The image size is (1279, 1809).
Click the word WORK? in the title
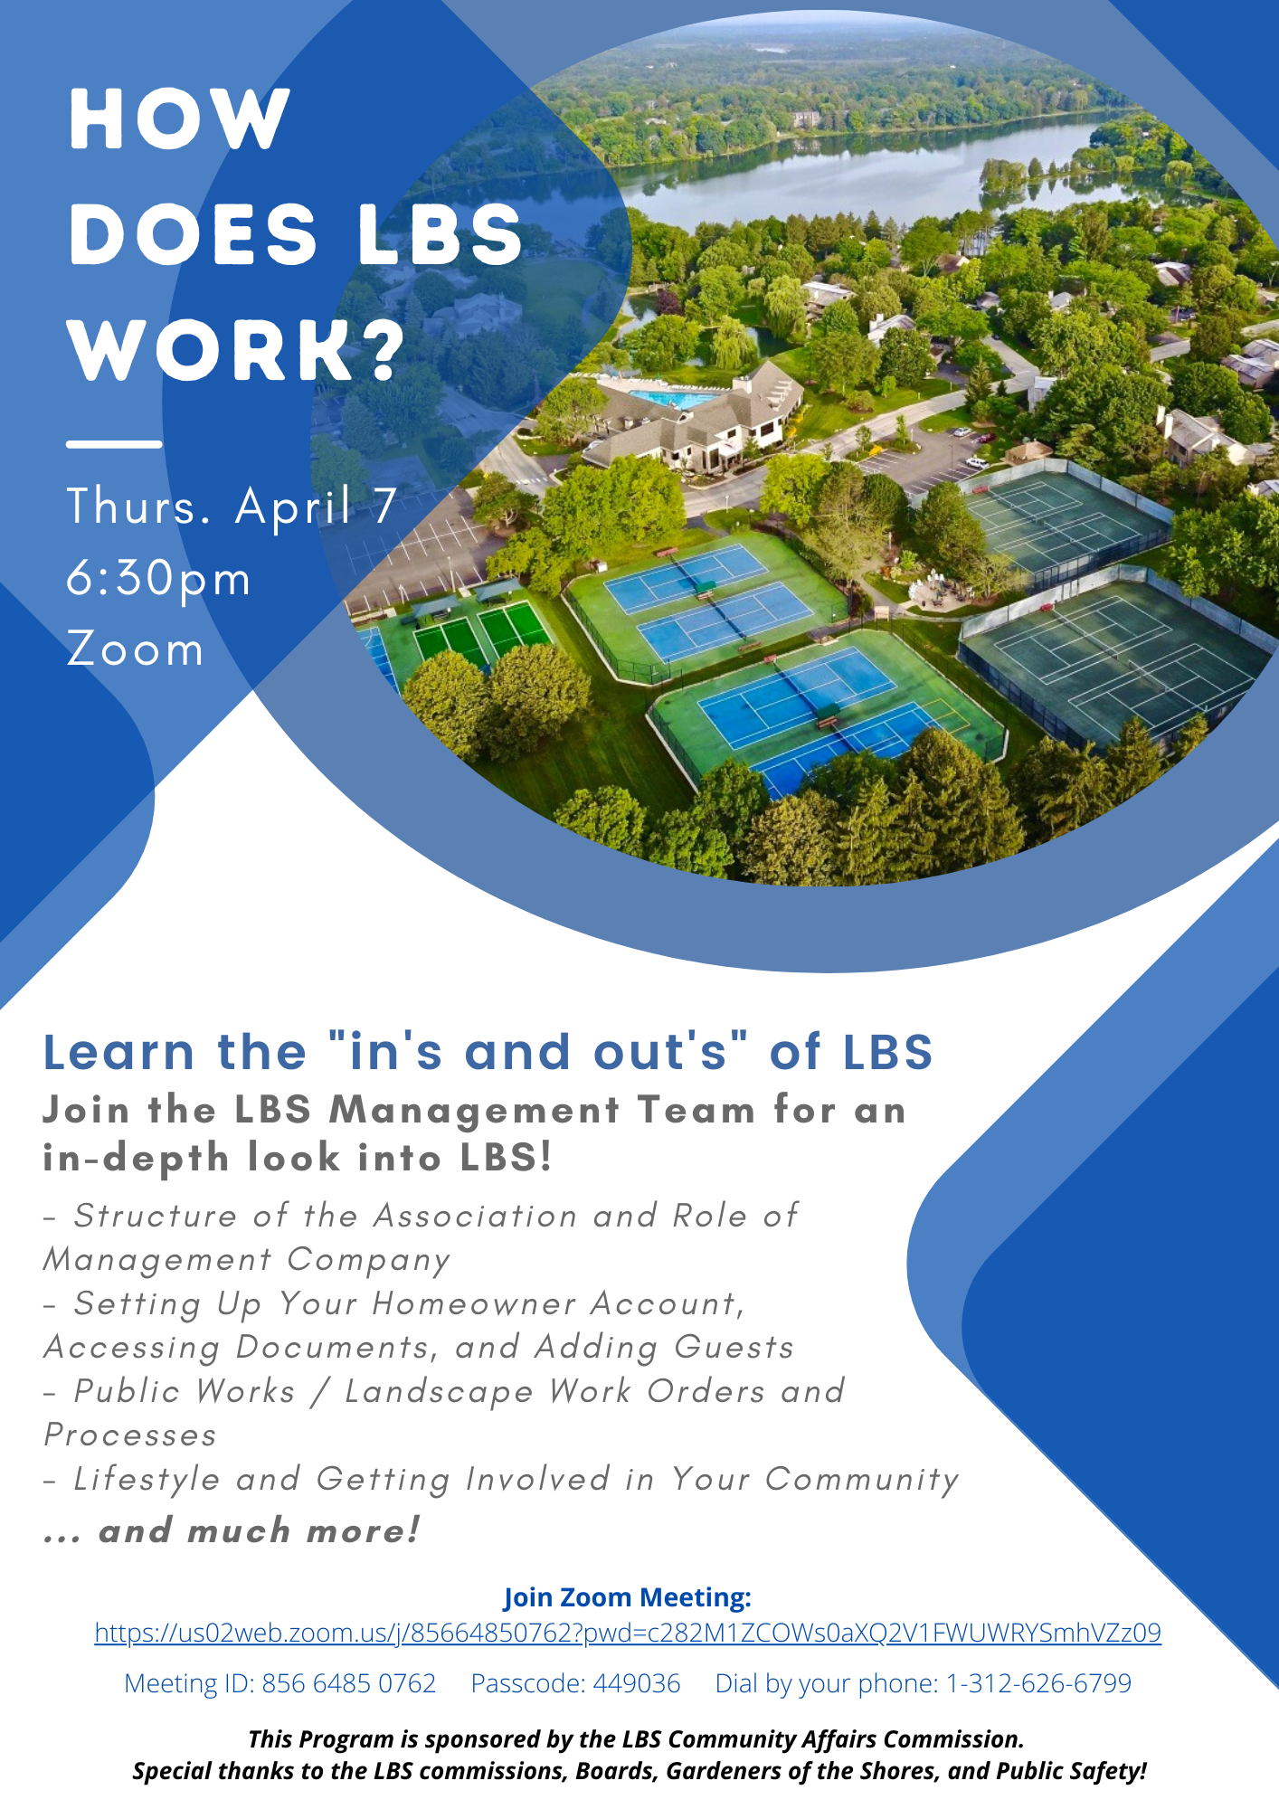click(237, 349)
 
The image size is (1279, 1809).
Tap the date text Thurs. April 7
click(232, 506)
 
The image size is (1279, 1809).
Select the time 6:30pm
click(158, 580)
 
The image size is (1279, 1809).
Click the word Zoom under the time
click(136, 649)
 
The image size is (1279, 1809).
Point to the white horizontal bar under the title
click(114, 444)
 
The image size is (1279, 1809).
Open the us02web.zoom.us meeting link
click(628, 1633)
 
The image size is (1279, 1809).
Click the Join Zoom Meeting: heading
click(628, 1597)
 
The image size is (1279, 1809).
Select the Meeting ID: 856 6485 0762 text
click(280, 1683)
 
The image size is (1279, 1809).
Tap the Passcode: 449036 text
click(575, 1683)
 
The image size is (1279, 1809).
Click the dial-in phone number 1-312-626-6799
click(1038, 1683)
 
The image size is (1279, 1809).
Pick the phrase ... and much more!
click(232, 1530)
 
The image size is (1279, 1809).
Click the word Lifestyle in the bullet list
click(147, 1480)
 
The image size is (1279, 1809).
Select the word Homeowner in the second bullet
click(474, 1303)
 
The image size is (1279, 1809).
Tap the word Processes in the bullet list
click(130, 1435)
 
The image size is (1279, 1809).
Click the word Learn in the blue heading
click(118, 1052)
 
